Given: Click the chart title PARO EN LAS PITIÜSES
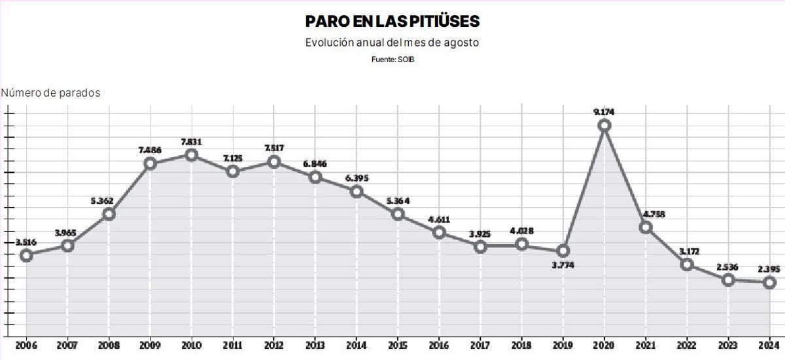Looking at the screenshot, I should click(x=392, y=22).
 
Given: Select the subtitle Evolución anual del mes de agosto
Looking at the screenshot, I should click(x=392, y=43).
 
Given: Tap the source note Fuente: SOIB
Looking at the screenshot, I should click(x=392, y=59).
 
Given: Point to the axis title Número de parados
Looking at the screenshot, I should click(x=51, y=93).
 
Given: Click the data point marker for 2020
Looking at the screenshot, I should click(x=604, y=125).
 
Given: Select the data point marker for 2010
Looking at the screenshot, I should click(x=192, y=155).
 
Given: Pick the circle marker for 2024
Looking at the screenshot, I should click(x=769, y=282).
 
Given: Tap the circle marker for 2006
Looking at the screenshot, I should click(x=26, y=255).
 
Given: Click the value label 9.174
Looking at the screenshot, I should click(x=604, y=112).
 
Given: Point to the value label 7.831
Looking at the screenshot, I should click(x=191, y=141).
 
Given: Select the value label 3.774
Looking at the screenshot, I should click(x=563, y=265).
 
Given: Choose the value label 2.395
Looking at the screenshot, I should click(x=769, y=268).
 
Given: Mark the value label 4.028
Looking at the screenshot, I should click(x=521, y=230).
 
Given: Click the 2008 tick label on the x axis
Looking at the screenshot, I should click(x=109, y=345).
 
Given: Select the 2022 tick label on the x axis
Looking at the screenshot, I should click(x=686, y=345).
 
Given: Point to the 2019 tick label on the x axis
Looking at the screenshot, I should click(x=563, y=345).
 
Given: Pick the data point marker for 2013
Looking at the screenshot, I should click(x=315, y=177).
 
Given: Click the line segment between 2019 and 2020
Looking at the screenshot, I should click(x=584, y=188).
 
